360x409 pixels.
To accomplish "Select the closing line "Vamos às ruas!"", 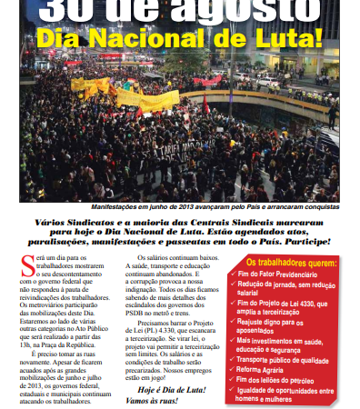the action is tap(153, 403).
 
